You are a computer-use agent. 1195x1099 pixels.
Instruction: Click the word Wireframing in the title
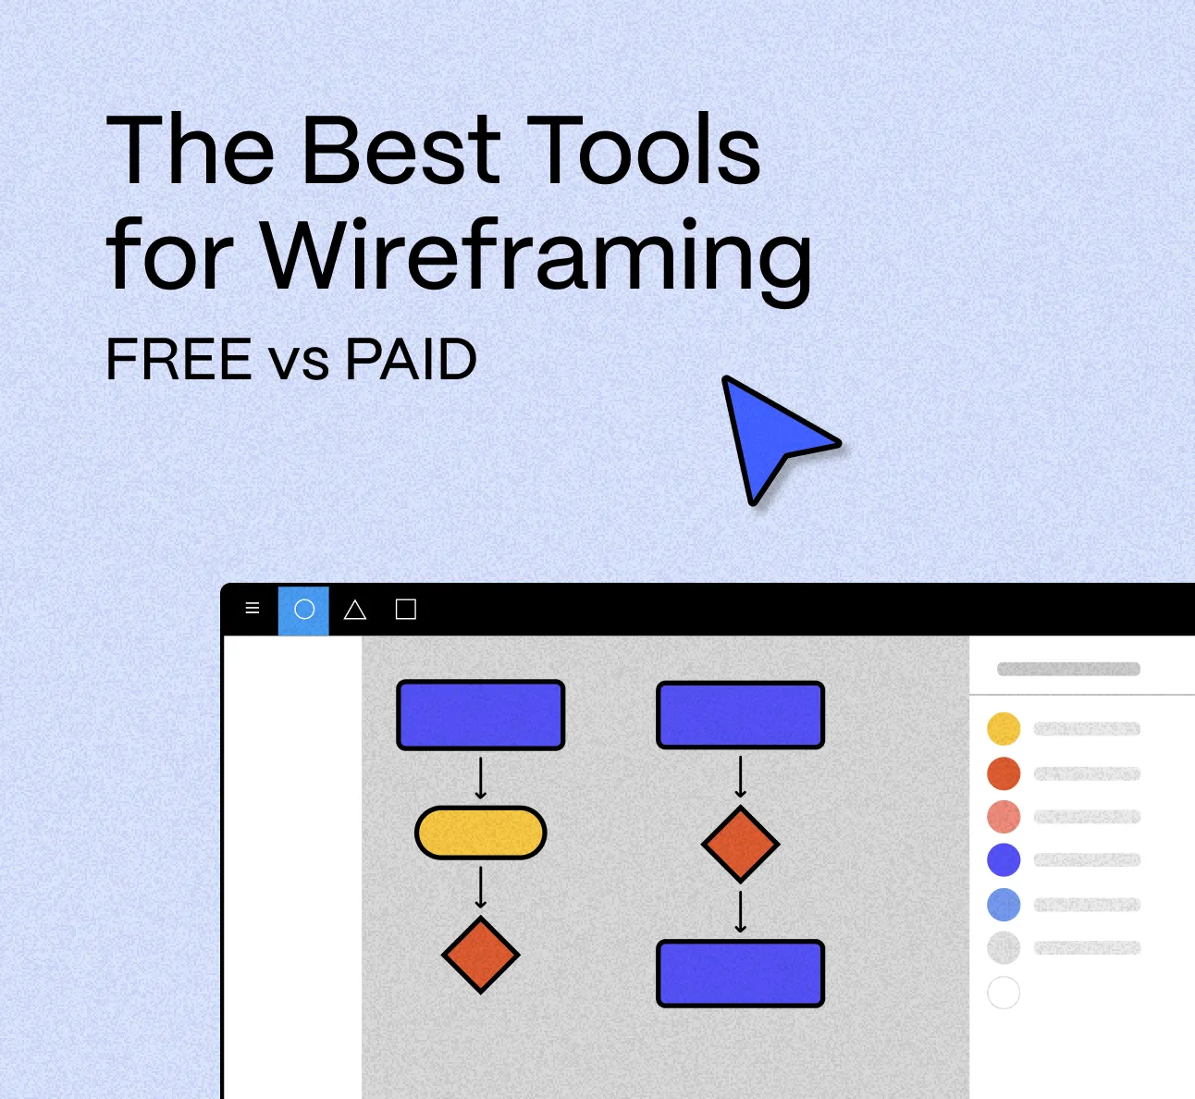click(536, 254)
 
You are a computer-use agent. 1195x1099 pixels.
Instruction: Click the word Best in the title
click(401, 150)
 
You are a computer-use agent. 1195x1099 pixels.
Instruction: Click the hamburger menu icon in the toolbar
click(253, 609)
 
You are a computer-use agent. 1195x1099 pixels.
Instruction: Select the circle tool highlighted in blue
click(304, 610)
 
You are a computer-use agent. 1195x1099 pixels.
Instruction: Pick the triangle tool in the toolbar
click(355, 610)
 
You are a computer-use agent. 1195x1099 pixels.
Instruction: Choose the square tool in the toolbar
click(405, 610)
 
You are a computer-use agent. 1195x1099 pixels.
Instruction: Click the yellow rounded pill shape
click(480, 833)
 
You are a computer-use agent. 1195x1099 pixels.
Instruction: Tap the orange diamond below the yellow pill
click(480, 955)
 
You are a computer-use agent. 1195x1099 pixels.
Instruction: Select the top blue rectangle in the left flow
click(480, 715)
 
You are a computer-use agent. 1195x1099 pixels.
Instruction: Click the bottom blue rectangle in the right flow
click(740, 973)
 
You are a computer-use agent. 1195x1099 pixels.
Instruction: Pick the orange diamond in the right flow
click(740, 844)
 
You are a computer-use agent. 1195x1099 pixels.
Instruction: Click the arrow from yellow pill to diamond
click(480, 887)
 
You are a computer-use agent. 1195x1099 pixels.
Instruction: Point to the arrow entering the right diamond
click(740, 777)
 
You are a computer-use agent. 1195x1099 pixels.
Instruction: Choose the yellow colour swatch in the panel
click(1004, 729)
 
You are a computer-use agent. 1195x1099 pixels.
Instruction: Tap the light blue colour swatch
click(1004, 904)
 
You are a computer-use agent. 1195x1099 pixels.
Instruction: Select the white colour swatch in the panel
click(1004, 993)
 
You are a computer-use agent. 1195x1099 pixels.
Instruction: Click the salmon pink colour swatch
click(1004, 817)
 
